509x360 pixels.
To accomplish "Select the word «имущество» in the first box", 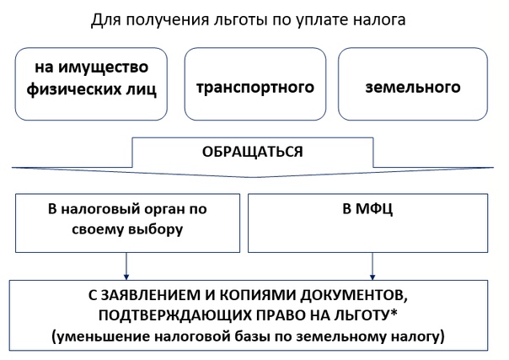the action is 104,68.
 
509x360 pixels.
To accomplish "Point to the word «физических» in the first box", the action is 67,89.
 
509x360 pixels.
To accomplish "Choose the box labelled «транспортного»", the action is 255,84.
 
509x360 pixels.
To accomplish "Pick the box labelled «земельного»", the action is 413,84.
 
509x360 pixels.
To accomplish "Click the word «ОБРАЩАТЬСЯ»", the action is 253,152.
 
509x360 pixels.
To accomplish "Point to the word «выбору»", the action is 156,229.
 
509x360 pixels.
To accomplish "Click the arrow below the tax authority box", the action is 126,266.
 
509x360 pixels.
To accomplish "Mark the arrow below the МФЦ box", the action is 372,266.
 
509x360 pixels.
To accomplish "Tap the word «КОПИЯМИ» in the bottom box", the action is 257,295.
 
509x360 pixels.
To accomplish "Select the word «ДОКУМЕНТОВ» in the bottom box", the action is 353,296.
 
